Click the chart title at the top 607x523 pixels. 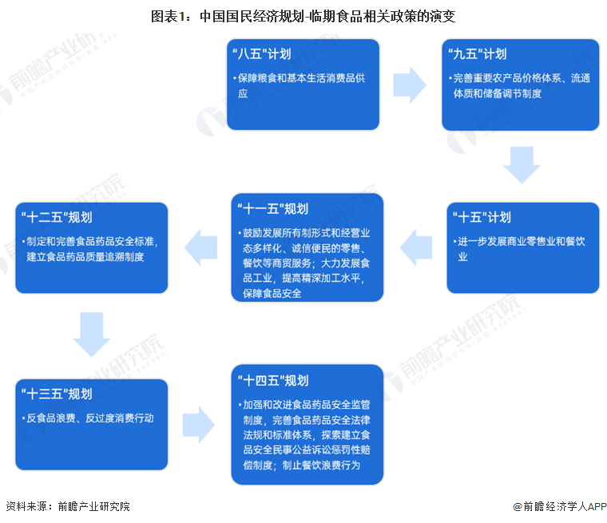tap(303, 15)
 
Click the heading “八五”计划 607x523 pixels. tap(260, 54)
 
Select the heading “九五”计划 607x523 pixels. tap(477, 54)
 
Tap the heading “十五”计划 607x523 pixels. tap(481, 217)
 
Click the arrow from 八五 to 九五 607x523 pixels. tap(409, 81)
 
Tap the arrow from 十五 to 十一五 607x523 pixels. tap(415, 246)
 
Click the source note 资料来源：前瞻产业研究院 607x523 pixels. tap(68, 506)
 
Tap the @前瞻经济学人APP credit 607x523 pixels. tap(559, 506)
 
